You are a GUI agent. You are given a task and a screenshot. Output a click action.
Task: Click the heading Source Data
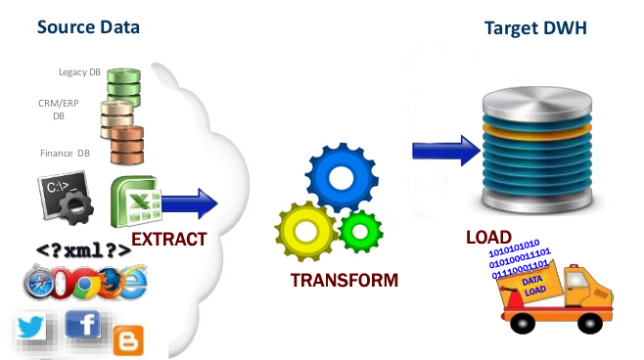[x=88, y=26]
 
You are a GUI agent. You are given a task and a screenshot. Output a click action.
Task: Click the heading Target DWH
[x=535, y=27]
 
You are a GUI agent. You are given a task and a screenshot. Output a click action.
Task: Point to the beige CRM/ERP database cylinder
[x=118, y=113]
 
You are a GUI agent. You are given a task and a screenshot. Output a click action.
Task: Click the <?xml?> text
[x=83, y=250]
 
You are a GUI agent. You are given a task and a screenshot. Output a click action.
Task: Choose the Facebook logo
[x=86, y=324]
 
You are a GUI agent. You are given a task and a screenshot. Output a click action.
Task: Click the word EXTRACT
[x=168, y=240]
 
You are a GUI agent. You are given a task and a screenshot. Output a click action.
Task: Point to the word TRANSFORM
[x=345, y=281]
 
